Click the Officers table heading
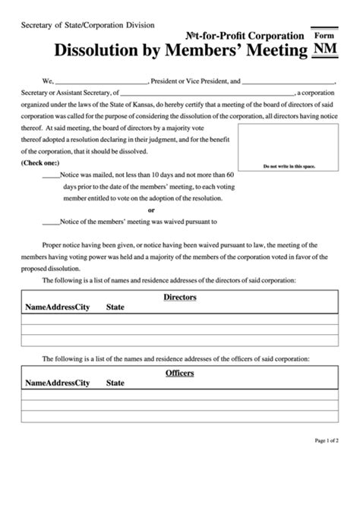coord(180,373)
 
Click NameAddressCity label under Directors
coord(57,308)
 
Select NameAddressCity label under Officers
coord(57,383)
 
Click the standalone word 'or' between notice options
coord(152,210)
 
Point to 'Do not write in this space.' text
coord(289,166)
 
